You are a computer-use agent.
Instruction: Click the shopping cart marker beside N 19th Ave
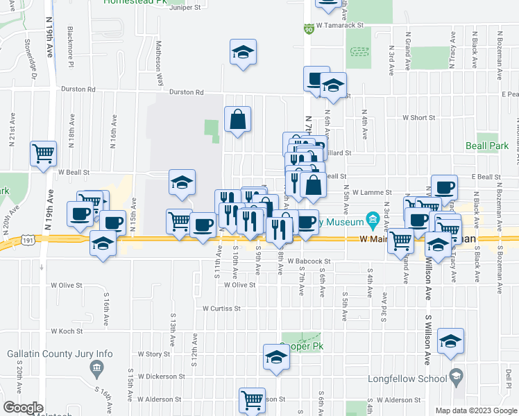(x=43, y=153)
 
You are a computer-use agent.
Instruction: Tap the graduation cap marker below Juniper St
(x=243, y=53)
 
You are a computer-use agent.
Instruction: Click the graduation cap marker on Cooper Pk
(x=276, y=357)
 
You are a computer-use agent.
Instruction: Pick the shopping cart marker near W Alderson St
(x=252, y=399)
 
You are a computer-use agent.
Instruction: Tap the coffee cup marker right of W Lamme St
(x=444, y=187)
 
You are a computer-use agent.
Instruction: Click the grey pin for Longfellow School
(x=456, y=378)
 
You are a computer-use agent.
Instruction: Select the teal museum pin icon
(x=373, y=222)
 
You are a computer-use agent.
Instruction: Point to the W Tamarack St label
(x=340, y=25)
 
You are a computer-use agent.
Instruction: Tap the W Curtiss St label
(x=221, y=308)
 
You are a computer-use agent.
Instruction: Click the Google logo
(x=23, y=407)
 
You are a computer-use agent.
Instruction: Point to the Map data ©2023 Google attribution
(x=476, y=410)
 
